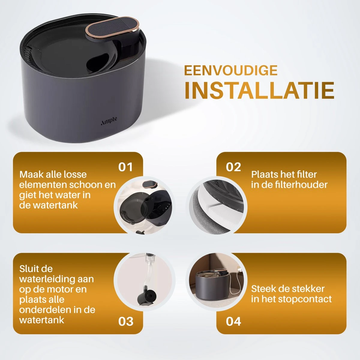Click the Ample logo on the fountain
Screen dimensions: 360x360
(x=109, y=121)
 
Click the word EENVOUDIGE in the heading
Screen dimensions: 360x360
(x=231, y=70)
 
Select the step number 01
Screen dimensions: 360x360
(x=125, y=167)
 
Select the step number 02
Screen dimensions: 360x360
(x=233, y=167)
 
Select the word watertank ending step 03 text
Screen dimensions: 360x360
(x=42, y=320)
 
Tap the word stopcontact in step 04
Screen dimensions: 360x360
(x=305, y=299)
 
